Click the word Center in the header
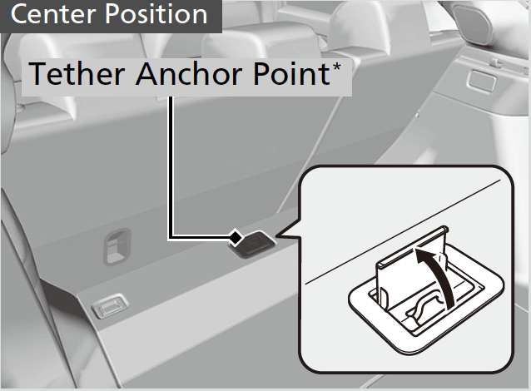click(53, 14)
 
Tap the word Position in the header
click(156, 14)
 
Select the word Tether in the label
click(77, 73)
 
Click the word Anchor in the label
click(189, 73)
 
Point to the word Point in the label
click(291, 73)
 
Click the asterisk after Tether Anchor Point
click(336, 67)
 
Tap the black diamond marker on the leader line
click(236, 237)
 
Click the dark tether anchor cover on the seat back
click(253, 245)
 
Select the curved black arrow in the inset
click(437, 275)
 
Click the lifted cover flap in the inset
click(411, 267)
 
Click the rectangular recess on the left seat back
click(117, 246)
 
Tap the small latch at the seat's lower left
click(110, 305)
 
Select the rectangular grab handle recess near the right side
click(481, 81)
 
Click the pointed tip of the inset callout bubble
click(276, 235)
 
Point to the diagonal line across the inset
click(403, 232)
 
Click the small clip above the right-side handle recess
click(495, 62)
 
